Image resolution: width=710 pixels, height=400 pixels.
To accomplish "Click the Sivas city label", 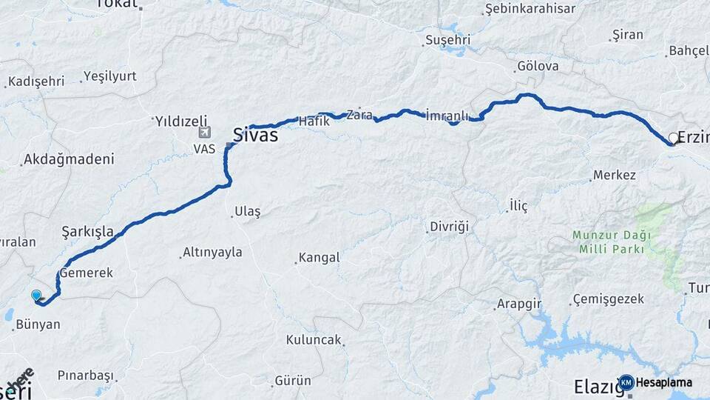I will (255, 136).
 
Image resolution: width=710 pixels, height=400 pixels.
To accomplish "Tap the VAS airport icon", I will (205, 133).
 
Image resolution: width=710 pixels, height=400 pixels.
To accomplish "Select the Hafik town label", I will (314, 120).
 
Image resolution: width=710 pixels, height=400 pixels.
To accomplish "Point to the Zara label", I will (359, 115).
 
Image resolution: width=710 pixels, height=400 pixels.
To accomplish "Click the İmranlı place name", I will (448, 116).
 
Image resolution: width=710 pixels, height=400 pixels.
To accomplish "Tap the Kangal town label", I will (319, 258).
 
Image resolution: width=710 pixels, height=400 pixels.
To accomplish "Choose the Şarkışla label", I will (88, 231).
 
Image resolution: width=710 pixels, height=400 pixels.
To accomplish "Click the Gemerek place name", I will (87, 273).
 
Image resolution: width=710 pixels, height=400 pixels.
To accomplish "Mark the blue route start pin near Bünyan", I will (36, 296).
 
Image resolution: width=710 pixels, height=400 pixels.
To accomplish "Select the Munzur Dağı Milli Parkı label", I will (612, 241).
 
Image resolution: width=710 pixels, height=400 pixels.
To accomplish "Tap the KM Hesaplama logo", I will (656, 382).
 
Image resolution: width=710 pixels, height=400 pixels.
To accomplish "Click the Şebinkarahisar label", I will (530, 9).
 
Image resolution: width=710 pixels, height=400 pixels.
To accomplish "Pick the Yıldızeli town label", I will (181, 120).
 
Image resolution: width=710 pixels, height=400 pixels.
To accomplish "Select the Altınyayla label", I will (213, 252).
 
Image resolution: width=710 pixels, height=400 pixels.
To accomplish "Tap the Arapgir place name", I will (520, 304).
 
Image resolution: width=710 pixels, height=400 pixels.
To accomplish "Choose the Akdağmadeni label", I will (69, 159).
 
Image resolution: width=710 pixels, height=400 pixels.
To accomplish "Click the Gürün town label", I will (293, 381).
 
